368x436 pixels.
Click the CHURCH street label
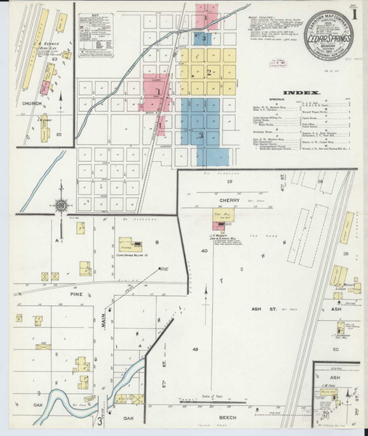(x=31, y=103)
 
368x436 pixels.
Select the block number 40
(x=205, y=251)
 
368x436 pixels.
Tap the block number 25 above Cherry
(x=228, y=182)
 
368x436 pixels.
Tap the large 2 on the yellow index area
(x=208, y=72)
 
